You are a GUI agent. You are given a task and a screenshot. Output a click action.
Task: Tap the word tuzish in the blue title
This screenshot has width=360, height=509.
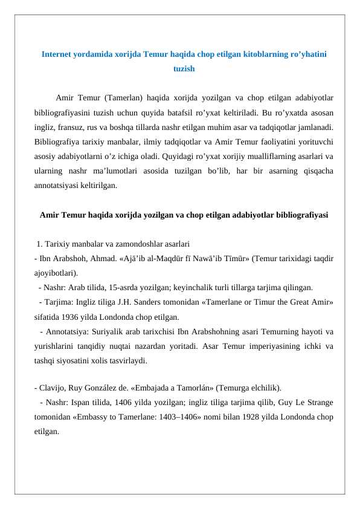pos(184,69)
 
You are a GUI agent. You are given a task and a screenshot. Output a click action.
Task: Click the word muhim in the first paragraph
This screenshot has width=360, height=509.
pos(224,128)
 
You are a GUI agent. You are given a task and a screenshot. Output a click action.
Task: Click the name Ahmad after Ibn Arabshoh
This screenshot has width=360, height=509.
pos(91,259)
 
